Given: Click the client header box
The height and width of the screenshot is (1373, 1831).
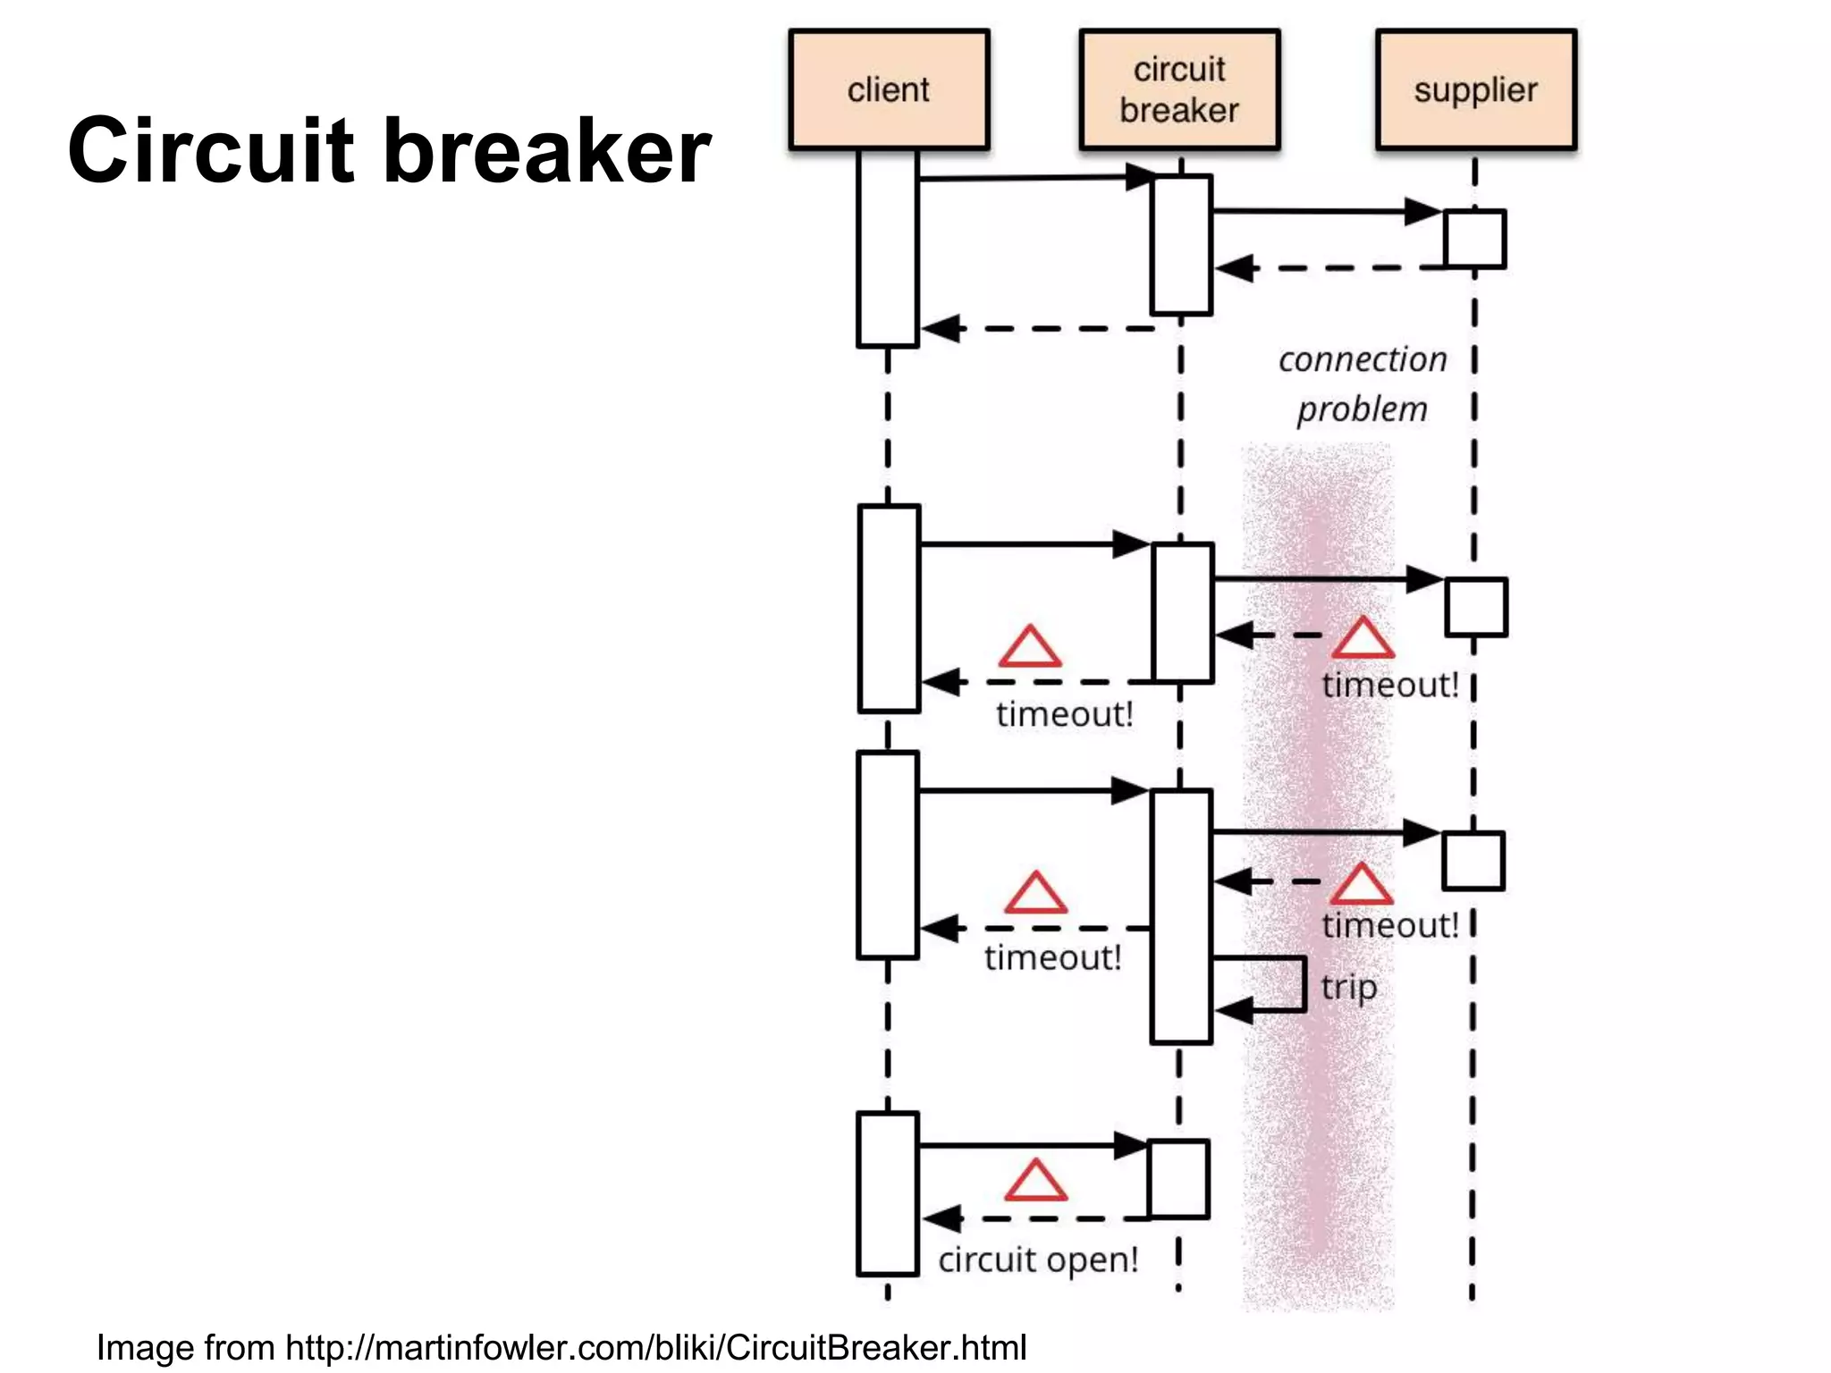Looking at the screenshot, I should (x=889, y=89).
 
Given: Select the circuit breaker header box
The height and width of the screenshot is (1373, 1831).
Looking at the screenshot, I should (x=1179, y=89).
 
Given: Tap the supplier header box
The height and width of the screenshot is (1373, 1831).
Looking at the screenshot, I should (x=1475, y=89).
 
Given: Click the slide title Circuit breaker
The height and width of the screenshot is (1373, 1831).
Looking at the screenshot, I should (x=389, y=150).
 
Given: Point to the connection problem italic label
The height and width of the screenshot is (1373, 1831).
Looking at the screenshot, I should (x=1362, y=384).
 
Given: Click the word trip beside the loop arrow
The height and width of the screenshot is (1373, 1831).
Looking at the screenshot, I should (x=1348, y=988).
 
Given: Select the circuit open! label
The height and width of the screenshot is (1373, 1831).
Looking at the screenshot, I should (x=1038, y=1259).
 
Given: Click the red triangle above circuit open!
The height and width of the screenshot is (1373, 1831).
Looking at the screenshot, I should (x=1035, y=1182).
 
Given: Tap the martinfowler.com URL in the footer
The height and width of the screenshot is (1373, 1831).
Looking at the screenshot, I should (x=655, y=1347).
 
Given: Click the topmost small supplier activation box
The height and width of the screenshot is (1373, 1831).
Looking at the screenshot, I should (x=1475, y=239).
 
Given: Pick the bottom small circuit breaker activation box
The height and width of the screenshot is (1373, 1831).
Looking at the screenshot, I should (x=1178, y=1179).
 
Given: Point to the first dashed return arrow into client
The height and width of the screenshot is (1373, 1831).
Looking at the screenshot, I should (x=1037, y=329).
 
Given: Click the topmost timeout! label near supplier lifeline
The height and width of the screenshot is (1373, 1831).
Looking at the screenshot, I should (x=1389, y=685).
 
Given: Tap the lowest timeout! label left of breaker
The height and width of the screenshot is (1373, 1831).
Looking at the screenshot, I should (x=1052, y=957).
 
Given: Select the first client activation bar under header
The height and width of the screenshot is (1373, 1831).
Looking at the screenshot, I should (x=888, y=248).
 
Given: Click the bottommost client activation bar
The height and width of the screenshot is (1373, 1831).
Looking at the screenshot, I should (x=888, y=1193).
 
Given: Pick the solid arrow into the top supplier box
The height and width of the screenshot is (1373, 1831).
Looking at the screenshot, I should (x=1323, y=212).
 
